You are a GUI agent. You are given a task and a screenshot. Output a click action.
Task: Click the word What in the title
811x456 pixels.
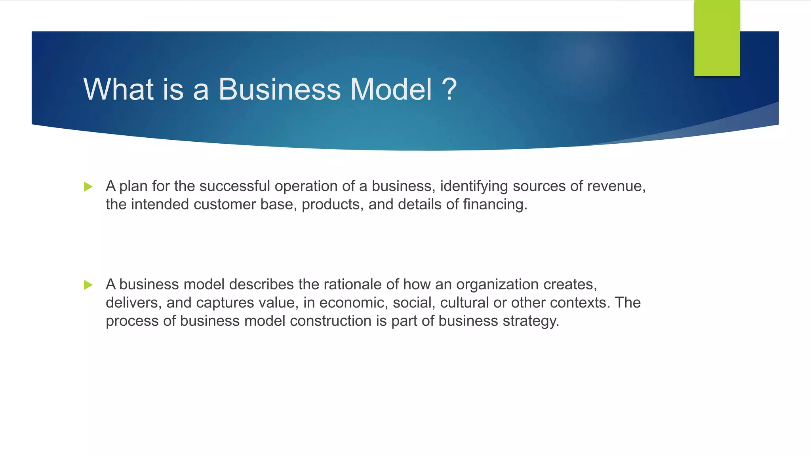(x=118, y=89)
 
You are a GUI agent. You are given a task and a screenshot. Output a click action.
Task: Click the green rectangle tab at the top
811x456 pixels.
(x=717, y=38)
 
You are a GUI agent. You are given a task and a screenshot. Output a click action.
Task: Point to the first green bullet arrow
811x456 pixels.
(x=88, y=186)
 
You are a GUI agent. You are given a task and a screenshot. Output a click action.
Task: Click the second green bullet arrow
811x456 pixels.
(x=88, y=285)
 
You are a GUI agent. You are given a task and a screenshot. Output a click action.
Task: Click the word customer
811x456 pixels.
(x=225, y=204)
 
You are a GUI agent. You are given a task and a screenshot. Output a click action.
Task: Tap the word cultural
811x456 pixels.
(x=464, y=302)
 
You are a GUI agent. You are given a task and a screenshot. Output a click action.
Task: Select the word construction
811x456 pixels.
(x=330, y=321)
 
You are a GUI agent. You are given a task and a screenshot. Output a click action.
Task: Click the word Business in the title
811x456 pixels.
(x=279, y=89)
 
